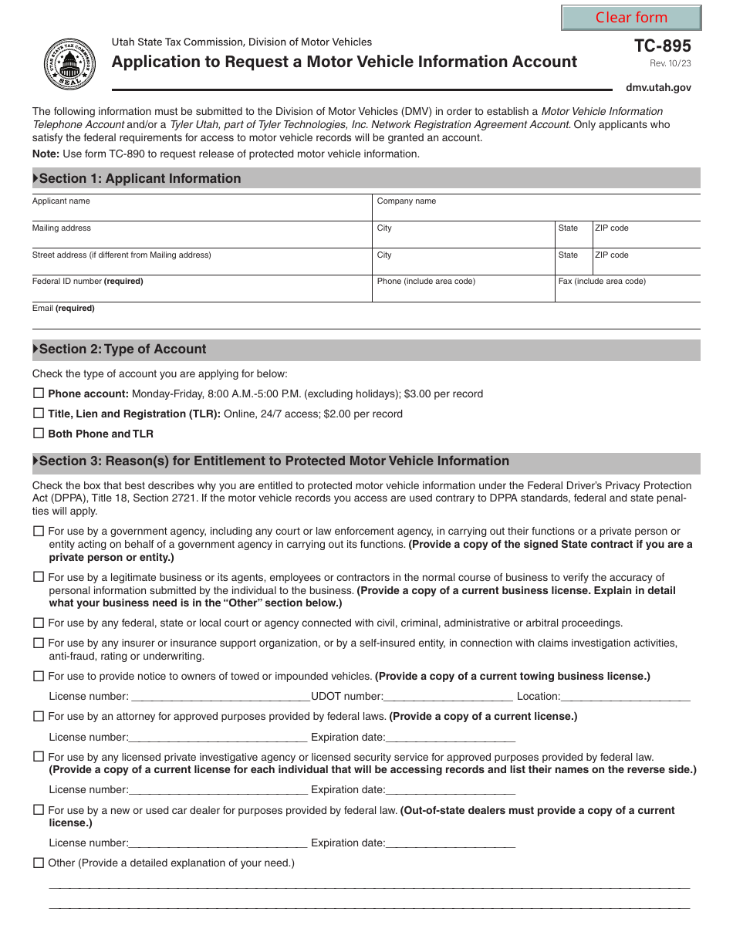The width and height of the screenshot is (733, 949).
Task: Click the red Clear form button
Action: (631, 18)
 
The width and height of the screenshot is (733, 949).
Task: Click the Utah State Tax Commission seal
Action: (70, 64)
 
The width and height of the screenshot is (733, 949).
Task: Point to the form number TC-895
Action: (662, 46)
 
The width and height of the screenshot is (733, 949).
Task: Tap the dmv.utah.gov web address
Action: (658, 87)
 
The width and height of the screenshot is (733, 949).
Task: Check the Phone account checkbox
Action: (39, 393)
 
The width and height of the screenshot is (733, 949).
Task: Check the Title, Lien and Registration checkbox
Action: (39, 414)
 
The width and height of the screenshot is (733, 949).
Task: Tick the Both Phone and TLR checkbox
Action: (39, 434)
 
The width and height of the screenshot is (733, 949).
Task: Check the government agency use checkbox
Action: (39, 532)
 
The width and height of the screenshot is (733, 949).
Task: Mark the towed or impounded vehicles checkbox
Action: (39, 676)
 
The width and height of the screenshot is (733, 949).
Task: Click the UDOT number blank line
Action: (448, 697)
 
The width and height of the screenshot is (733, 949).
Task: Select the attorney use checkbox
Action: (39, 716)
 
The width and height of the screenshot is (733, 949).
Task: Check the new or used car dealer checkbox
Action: (39, 810)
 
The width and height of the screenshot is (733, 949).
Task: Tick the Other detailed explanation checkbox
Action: (39, 863)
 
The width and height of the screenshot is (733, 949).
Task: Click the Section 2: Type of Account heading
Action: (122, 350)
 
